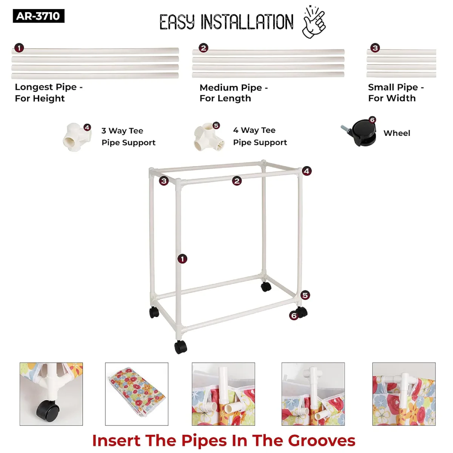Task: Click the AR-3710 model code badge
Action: [x=39, y=16]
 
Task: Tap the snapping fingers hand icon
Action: [x=314, y=22]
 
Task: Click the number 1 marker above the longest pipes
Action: [x=19, y=48]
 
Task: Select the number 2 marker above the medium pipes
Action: [x=203, y=48]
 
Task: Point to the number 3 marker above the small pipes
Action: [x=375, y=48]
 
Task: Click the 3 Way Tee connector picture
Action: [x=77, y=137]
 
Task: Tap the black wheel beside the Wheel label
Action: [x=359, y=133]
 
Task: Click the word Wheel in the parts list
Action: [x=397, y=133]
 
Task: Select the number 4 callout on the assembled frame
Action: [x=307, y=171]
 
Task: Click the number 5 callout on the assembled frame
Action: [x=305, y=295]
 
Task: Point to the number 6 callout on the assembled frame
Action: [x=294, y=316]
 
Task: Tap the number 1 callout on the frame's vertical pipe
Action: [x=182, y=259]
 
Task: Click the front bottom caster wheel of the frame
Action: [x=180, y=347]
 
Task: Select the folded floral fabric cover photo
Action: [x=137, y=394]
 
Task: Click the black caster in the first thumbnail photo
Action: [x=48, y=411]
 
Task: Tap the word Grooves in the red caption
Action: [x=322, y=441]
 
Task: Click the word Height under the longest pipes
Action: [x=49, y=99]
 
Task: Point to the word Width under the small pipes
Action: [x=402, y=98]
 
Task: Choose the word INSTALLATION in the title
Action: [x=247, y=22]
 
